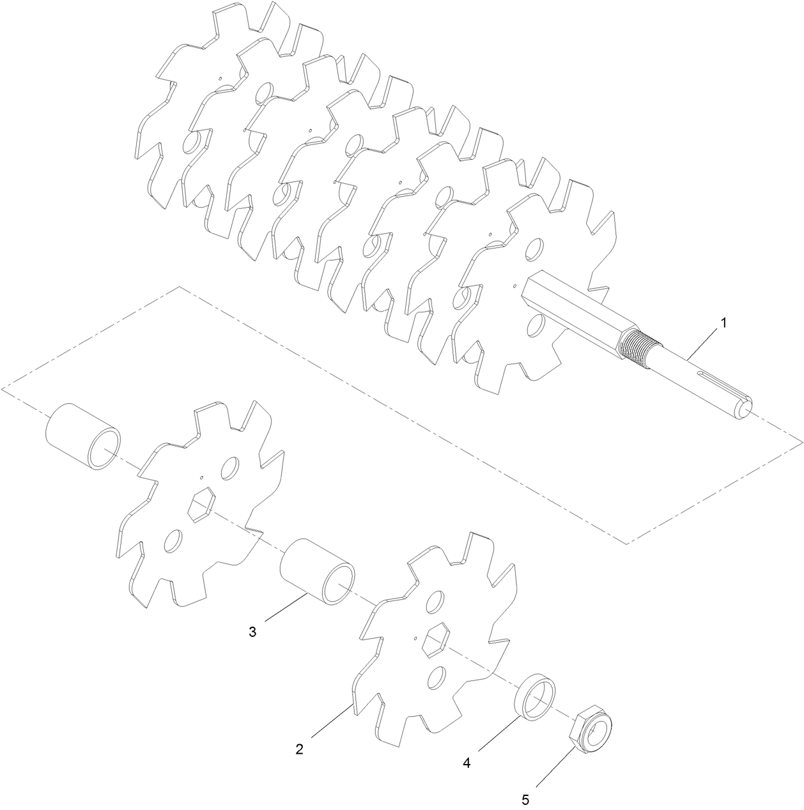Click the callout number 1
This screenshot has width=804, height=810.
coord(723,323)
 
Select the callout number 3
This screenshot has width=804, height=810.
coord(252,632)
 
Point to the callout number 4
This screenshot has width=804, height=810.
coord(467,763)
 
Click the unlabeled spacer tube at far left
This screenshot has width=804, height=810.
coord(82,436)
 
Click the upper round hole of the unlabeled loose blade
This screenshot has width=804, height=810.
coord(229,468)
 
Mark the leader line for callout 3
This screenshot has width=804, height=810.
coord(284,607)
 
